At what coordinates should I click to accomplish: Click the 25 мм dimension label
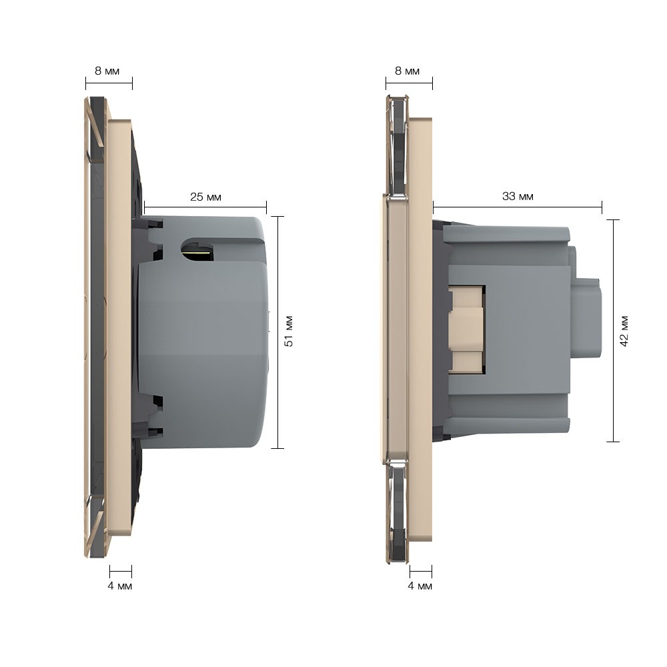(x=205, y=197)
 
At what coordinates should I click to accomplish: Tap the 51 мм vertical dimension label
(x=289, y=331)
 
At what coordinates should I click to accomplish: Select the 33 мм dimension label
(x=518, y=196)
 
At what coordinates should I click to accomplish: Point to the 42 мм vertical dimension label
(x=624, y=331)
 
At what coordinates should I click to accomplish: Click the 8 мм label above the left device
(x=107, y=71)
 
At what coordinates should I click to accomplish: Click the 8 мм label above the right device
(x=407, y=71)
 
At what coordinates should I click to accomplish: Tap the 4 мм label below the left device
(x=120, y=586)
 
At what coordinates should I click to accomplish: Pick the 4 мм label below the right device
(x=420, y=586)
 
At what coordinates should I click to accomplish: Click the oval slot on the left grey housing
(x=198, y=249)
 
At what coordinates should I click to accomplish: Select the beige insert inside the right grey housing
(x=467, y=330)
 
